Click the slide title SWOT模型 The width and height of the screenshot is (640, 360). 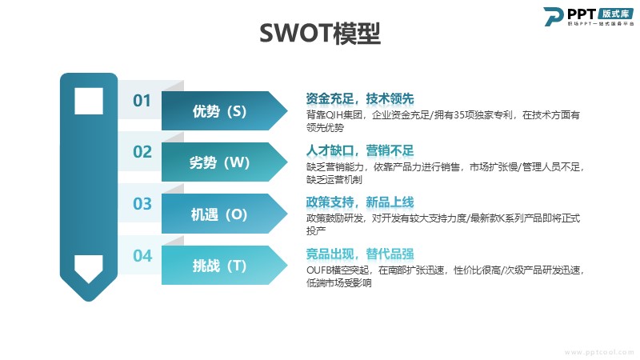coord(320,33)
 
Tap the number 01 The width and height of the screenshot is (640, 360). coord(142,101)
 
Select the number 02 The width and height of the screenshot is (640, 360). coord(142,152)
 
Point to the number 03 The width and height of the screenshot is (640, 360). coord(142,204)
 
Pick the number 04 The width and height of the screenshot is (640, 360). coord(142,256)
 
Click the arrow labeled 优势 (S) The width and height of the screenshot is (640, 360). coord(225,111)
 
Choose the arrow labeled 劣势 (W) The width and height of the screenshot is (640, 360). coord(225,162)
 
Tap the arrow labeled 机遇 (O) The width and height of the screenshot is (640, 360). coord(225,214)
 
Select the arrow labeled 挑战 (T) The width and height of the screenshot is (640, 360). coord(225,266)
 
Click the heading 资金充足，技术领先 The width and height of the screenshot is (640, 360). coord(360,98)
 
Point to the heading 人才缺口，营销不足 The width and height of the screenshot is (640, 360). coord(360,150)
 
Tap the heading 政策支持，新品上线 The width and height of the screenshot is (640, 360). coord(360,202)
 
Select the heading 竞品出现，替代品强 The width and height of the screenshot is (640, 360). coord(360,254)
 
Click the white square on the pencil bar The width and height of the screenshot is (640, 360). coord(89,101)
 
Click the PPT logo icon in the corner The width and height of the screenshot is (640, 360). coord(553,16)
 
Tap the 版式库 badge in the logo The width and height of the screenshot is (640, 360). coord(616,14)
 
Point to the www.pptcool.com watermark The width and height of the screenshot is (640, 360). coord(599,352)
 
